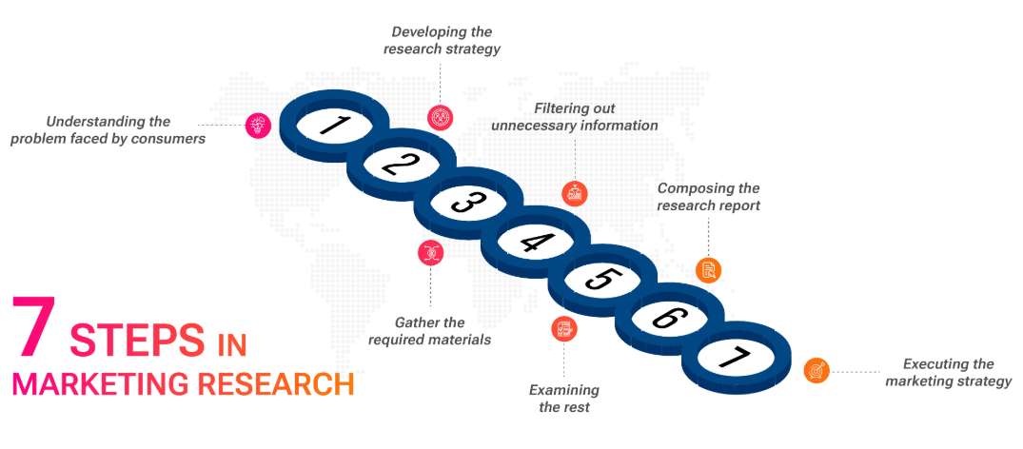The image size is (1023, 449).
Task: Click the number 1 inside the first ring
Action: coord(331,125)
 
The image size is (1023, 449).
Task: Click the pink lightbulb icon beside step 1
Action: coord(258,126)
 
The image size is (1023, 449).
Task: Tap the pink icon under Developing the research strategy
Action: coord(440,117)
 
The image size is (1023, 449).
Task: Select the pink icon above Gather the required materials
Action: coord(430,252)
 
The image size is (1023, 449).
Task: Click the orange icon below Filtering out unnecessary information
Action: coord(575,193)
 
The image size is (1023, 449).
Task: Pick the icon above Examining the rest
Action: coord(565,328)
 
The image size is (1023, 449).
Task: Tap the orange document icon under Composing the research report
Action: coord(708,270)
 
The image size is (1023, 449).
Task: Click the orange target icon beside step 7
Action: coord(816,369)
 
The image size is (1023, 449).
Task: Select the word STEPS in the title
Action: coord(138,341)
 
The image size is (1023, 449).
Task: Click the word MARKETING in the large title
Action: coord(99,383)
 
